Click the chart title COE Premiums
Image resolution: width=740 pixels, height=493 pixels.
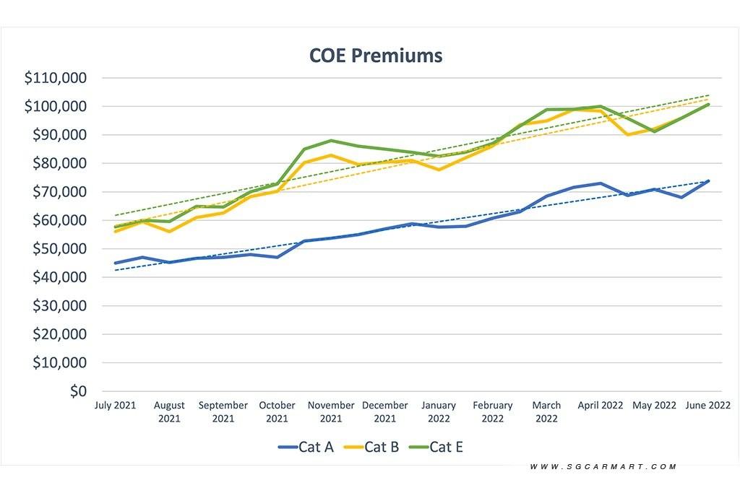pos(375,55)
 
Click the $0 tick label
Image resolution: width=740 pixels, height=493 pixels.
pos(76,391)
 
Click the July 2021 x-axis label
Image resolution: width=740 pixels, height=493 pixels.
pos(115,406)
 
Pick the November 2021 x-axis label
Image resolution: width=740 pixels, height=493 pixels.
pos(331,411)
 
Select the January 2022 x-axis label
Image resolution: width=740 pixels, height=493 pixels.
pos(439,411)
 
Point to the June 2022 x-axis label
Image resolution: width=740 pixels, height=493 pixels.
pos(707,406)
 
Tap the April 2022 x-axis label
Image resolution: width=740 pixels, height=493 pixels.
pos(601,406)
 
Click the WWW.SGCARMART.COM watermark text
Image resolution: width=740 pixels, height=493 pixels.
pos(603,467)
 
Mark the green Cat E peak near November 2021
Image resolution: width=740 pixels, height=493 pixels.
pos(330,141)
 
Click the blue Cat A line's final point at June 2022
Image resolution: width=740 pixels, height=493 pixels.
pos(708,181)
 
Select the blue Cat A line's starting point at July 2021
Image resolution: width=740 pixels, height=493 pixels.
pos(115,263)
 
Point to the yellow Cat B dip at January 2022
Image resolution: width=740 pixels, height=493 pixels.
pos(439,170)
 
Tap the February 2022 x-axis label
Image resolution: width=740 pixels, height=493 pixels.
pos(493,411)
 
